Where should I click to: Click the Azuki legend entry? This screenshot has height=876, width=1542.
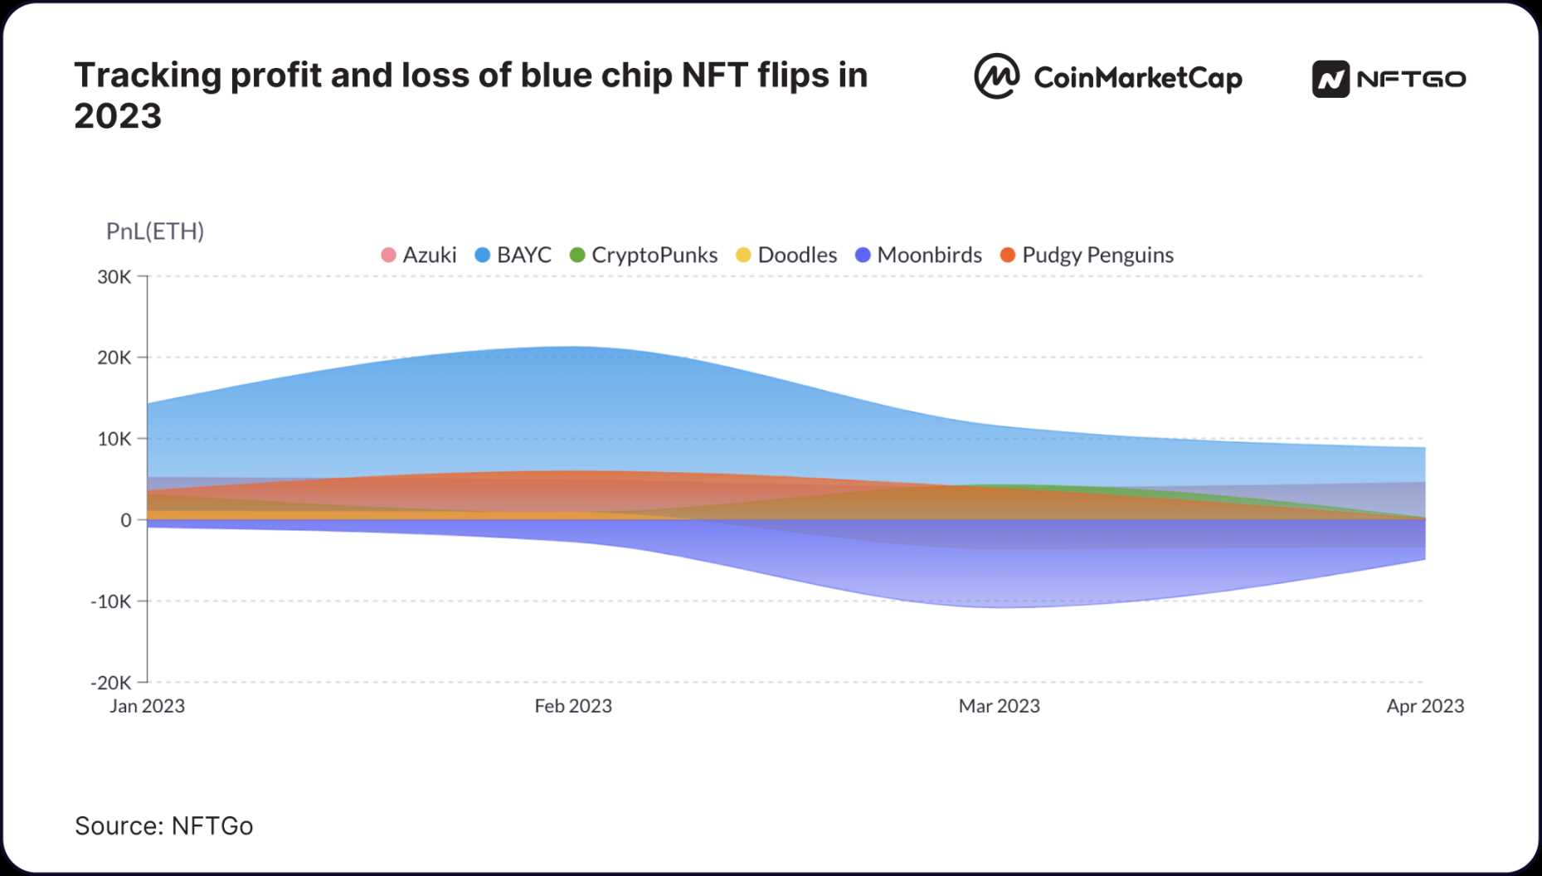point(419,255)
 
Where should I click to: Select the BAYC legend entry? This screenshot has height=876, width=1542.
point(513,255)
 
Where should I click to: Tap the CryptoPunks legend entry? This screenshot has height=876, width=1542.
point(644,255)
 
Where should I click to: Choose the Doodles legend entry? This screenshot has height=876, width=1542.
point(786,255)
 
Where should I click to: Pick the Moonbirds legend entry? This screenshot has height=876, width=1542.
point(918,255)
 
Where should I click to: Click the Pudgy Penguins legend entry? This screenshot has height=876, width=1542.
point(1087,255)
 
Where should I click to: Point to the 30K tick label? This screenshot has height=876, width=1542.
point(114,277)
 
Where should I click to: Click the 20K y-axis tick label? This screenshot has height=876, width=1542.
point(114,358)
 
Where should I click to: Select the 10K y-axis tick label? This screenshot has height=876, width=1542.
point(114,439)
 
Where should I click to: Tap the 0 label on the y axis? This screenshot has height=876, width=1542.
point(125,520)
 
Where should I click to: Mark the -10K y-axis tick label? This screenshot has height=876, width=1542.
point(110,601)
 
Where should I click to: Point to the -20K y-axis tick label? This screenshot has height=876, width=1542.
point(110,683)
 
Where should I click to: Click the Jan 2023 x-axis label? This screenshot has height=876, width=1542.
point(148,706)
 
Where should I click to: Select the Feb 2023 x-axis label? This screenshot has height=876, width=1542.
point(573,706)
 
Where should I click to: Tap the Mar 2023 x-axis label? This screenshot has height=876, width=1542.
point(999,706)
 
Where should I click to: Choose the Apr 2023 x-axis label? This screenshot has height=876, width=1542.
point(1425,706)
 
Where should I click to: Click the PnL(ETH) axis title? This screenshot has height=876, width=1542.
point(155,231)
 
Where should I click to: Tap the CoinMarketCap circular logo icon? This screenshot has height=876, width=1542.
point(996,77)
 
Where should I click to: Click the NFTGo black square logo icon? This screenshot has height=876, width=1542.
point(1330,80)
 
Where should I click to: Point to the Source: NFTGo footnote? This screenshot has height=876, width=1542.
point(163,826)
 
